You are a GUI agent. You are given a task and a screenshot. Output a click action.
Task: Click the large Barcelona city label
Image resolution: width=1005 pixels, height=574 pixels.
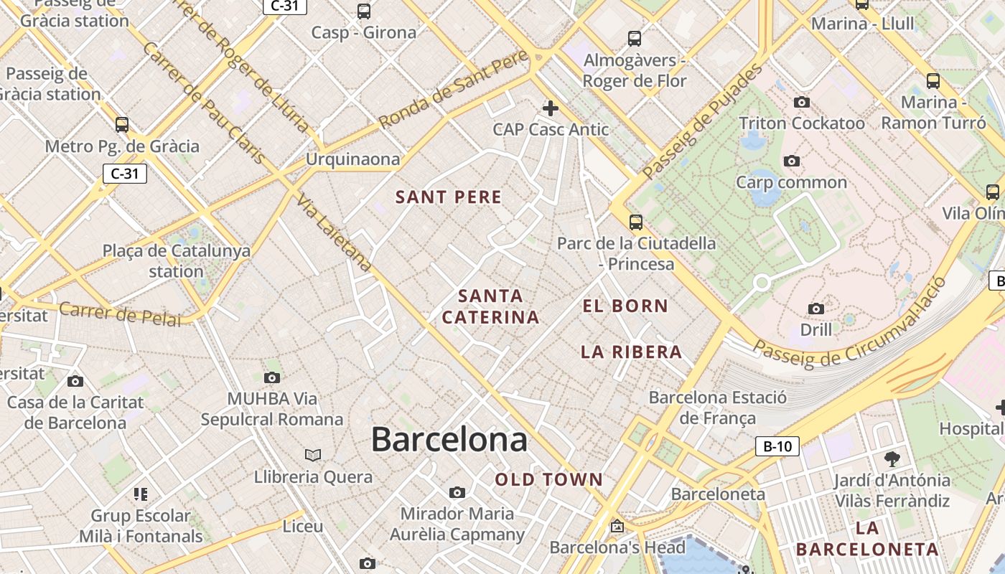[x=449, y=439]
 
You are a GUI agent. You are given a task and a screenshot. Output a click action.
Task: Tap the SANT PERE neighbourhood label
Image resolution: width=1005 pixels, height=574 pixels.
[x=449, y=197]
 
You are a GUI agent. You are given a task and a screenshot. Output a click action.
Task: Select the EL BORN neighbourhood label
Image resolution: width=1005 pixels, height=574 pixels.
[x=625, y=306]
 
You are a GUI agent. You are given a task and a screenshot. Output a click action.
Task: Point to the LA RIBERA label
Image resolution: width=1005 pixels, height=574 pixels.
[x=631, y=352]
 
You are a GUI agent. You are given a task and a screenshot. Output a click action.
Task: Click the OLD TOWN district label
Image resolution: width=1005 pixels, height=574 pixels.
[x=549, y=480]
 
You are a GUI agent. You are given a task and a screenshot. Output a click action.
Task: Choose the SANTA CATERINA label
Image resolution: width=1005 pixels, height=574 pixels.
[x=490, y=306]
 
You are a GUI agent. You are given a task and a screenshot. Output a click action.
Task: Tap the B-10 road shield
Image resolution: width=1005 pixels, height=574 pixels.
[x=777, y=446]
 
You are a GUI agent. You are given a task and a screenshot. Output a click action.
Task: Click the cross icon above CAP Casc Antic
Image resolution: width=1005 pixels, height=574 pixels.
[x=551, y=108]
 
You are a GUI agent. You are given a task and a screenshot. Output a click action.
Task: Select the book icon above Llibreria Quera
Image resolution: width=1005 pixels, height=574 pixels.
[x=313, y=455]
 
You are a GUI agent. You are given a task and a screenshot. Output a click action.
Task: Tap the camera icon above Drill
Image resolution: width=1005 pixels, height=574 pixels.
[x=816, y=309]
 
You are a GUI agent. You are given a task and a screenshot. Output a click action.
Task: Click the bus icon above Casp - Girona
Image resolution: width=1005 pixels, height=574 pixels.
[x=364, y=11]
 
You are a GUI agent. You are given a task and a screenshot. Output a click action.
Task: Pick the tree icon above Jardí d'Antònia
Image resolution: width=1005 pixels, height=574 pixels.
[x=892, y=458]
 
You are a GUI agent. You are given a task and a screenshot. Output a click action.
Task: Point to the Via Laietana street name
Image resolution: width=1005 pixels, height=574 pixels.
[x=335, y=233]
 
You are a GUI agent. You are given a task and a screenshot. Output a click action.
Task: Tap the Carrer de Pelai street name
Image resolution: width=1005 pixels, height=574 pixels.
[x=120, y=314]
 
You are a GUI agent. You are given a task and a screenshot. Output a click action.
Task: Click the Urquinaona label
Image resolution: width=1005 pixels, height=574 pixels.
[x=353, y=159]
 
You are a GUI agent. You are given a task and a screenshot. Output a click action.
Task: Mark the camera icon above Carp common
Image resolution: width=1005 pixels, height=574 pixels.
[x=792, y=161]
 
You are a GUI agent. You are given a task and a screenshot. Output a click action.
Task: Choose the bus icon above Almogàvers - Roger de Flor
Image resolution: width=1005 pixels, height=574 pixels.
[x=635, y=38]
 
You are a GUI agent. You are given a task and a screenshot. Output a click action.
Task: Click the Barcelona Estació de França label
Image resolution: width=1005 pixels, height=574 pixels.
[x=718, y=408]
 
